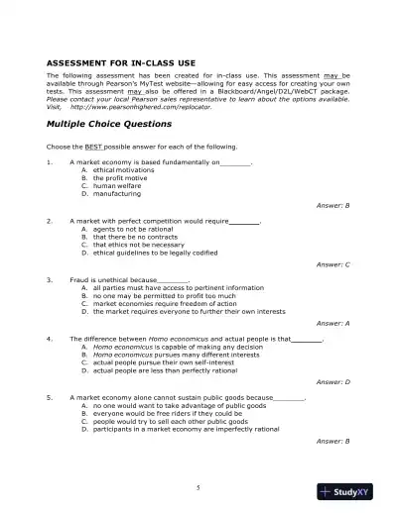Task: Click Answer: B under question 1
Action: (x=332, y=205)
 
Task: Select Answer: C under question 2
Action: (x=332, y=264)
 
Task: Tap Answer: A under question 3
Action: (x=332, y=323)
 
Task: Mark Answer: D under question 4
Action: (x=332, y=381)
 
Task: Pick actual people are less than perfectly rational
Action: (x=161, y=369)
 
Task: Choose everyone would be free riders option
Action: (x=155, y=413)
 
